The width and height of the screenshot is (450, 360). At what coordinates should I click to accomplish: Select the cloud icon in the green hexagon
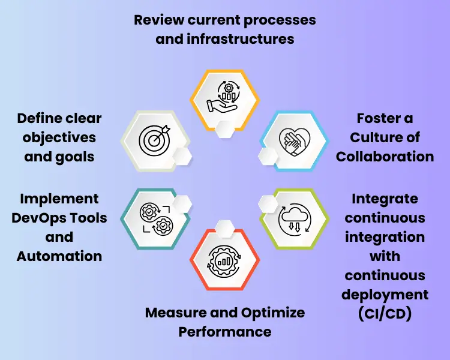293,220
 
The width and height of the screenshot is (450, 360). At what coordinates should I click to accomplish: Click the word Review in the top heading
158,19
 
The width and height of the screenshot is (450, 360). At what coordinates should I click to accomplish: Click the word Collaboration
385,157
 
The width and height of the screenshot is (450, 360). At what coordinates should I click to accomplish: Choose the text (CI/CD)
385,314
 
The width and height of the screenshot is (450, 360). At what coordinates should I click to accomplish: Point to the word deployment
385,295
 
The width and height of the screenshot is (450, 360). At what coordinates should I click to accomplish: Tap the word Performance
225,331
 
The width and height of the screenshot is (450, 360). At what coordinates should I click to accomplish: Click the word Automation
59,256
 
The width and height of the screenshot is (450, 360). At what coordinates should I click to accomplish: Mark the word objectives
59,137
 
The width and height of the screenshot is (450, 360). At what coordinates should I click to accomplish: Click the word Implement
59,198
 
